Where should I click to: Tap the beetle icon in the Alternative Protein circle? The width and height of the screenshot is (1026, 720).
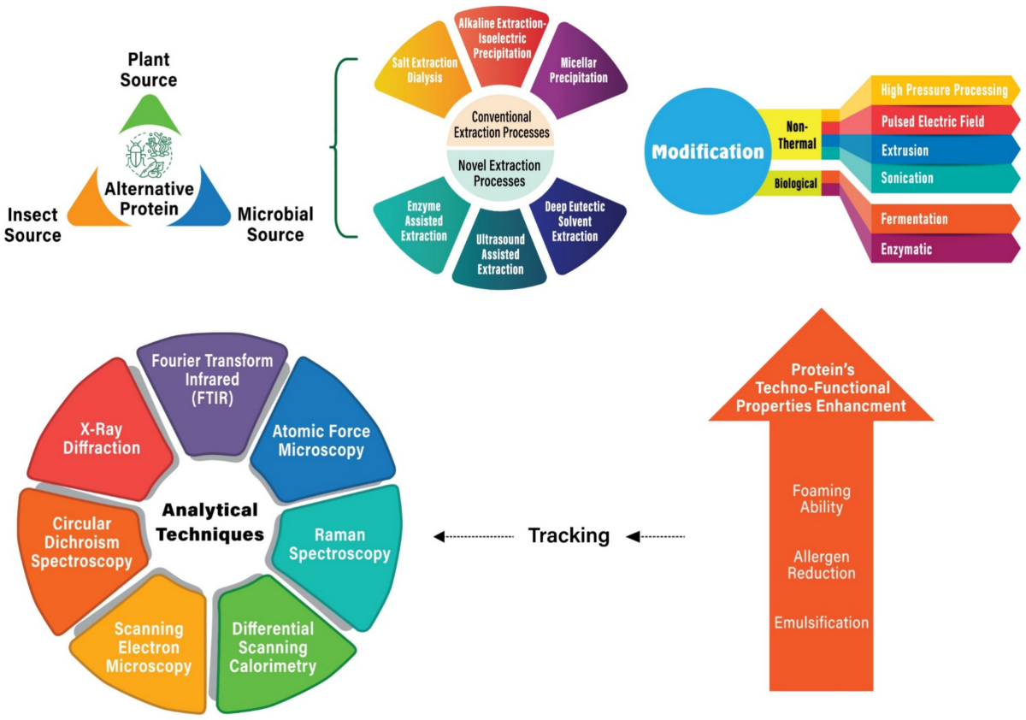(x=136, y=154)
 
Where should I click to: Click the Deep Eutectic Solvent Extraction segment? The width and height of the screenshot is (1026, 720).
(x=577, y=223)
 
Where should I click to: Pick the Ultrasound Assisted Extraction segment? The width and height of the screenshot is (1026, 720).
(x=499, y=251)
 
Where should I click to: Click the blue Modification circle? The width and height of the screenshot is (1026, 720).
(x=708, y=151)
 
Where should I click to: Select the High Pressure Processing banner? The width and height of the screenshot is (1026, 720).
(x=944, y=91)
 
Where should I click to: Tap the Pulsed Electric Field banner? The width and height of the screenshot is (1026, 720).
(x=944, y=121)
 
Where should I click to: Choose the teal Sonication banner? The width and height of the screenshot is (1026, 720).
(x=944, y=178)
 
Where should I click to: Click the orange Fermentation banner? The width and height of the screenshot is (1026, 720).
(x=944, y=219)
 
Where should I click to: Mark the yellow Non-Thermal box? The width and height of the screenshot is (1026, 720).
(x=796, y=134)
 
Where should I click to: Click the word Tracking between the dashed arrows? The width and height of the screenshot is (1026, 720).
(x=569, y=535)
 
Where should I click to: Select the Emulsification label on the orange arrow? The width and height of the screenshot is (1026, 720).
(x=822, y=623)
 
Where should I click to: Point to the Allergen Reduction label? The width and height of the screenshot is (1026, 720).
(x=822, y=564)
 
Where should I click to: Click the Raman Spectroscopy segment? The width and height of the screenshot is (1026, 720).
(x=339, y=550)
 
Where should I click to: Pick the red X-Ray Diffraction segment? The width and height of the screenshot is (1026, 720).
(x=102, y=435)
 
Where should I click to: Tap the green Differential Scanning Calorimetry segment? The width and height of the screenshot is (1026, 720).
(x=274, y=646)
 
